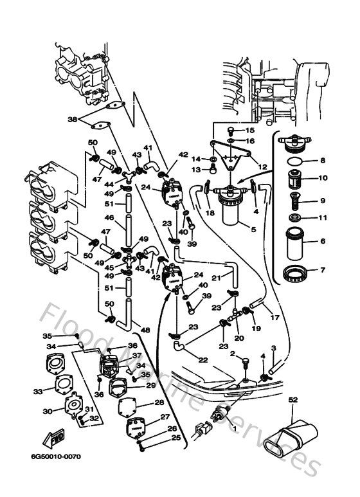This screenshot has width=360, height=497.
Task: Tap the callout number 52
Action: pos(293,400)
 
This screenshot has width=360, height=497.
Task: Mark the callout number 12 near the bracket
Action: pos(262,167)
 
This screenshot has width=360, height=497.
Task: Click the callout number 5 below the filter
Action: pos(253,230)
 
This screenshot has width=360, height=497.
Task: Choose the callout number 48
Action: pos(145,330)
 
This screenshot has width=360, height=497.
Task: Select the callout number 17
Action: pos(274,317)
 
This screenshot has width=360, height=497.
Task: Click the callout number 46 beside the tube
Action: pos(109,219)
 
